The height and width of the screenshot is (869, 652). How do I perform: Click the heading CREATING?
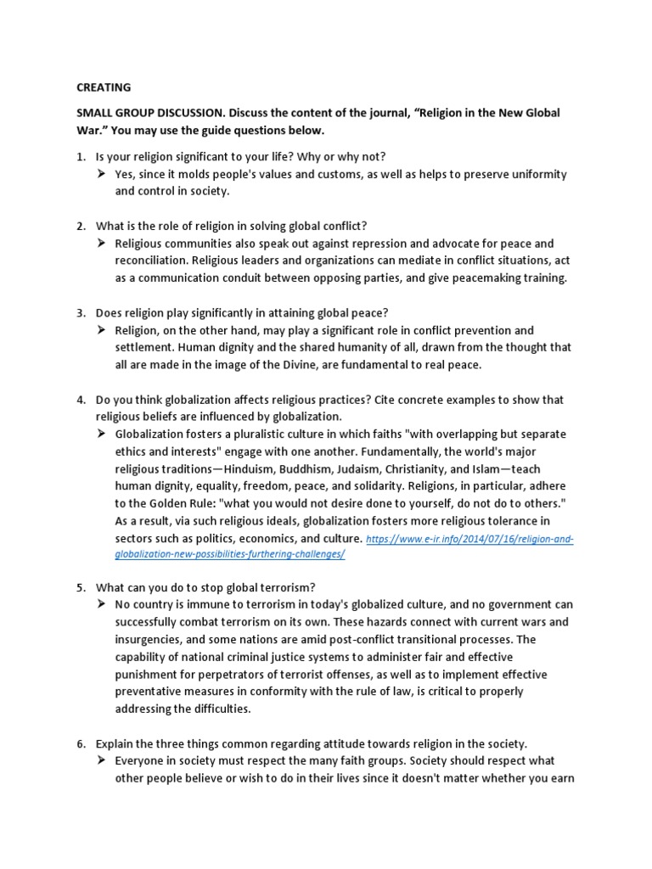tap(104, 87)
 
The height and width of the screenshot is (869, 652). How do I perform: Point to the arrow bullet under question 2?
tap(103, 244)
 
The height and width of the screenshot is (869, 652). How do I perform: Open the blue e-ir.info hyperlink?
tap(469, 539)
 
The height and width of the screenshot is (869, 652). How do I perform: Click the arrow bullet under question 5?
tap(103, 605)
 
